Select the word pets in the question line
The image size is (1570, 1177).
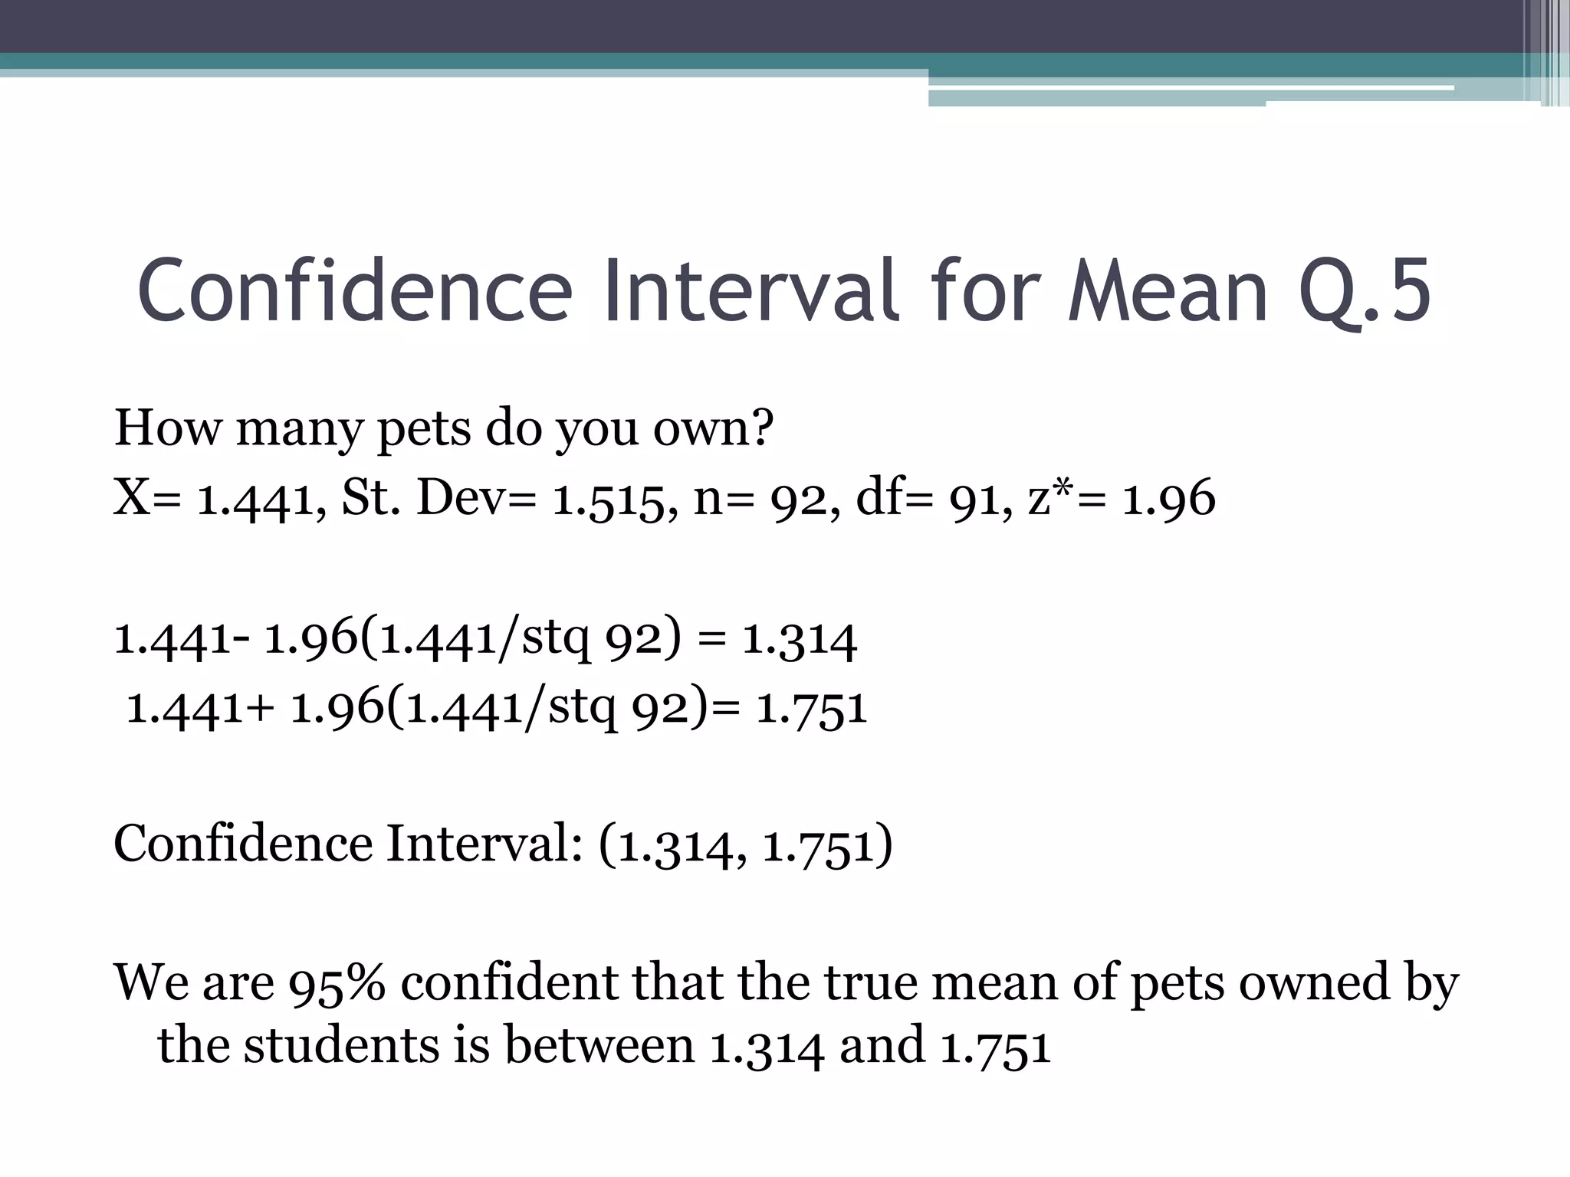coord(424,429)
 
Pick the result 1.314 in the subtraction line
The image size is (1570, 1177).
coord(800,639)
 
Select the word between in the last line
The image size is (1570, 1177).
coord(599,1045)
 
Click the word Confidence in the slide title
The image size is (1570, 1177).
coord(355,291)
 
